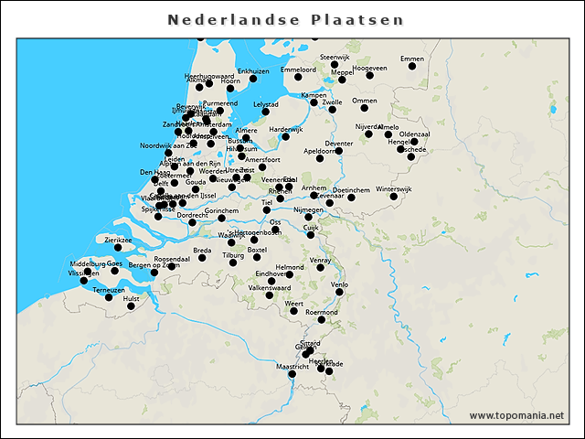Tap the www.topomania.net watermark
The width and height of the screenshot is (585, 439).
[516, 415]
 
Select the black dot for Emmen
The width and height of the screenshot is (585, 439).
[412, 66]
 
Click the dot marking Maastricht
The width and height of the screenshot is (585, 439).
[292, 374]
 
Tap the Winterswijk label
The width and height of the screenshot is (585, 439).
[394, 188]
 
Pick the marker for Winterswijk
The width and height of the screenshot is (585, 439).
[394, 197]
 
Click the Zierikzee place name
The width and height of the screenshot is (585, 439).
[118, 240]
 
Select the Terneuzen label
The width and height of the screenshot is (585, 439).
[109, 289]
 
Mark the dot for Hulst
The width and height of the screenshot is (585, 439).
[131, 306]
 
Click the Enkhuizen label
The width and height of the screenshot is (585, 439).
[253, 70]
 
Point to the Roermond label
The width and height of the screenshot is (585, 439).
[322, 312]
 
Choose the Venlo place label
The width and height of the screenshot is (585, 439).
[339, 284]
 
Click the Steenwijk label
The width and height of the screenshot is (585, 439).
[335, 57]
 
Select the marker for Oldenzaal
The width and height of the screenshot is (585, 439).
[414, 142]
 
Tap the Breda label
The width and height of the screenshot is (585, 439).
[202, 250]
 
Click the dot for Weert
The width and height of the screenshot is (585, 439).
[294, 311]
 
